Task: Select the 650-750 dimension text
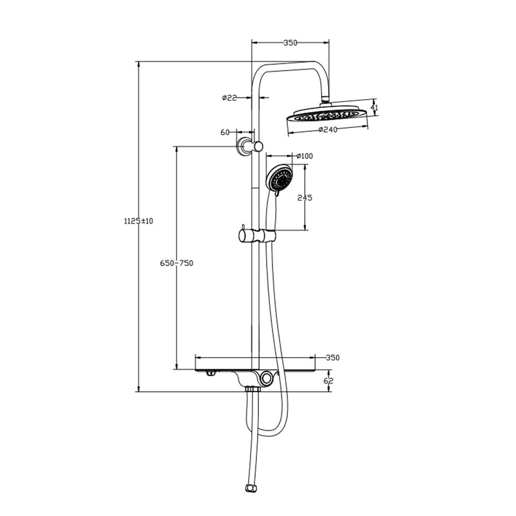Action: click(177, 263)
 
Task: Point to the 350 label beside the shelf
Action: click(333, 358)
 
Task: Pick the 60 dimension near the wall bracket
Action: click(225, 132)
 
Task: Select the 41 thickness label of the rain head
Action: click(374, 107)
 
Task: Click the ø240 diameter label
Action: click(327, 129)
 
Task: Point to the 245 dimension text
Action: click(304, 198)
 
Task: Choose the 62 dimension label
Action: click(329, 380)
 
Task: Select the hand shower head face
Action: click(280, 177)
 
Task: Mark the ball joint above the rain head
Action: click(327, 101)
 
